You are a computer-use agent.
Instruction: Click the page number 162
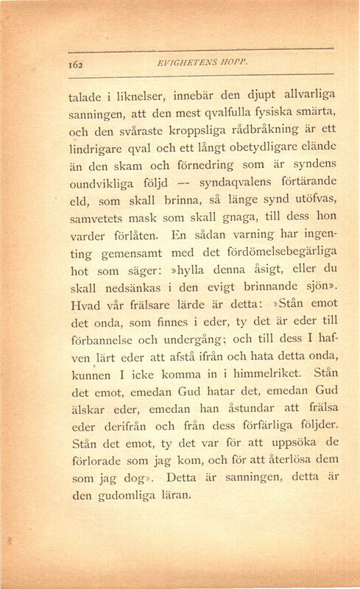click(x=76, y=63)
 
